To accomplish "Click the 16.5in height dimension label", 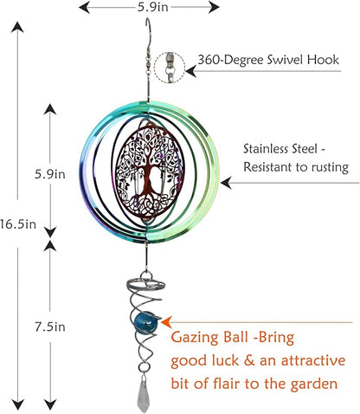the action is point(18,224).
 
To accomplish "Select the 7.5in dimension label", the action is point(50,327).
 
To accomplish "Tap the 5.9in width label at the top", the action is point(152,7).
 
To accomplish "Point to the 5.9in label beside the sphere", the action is point(50,174).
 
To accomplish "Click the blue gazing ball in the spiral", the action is point(143,320).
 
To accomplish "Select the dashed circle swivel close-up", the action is point(170,68).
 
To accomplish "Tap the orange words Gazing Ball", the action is point(209,338).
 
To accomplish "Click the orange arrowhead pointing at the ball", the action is point(167,321).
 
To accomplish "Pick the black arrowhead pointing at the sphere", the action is point(226,183).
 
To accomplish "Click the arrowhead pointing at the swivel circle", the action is point(191,71).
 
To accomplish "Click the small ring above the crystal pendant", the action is point(144,368).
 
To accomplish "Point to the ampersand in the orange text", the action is point(247,361).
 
